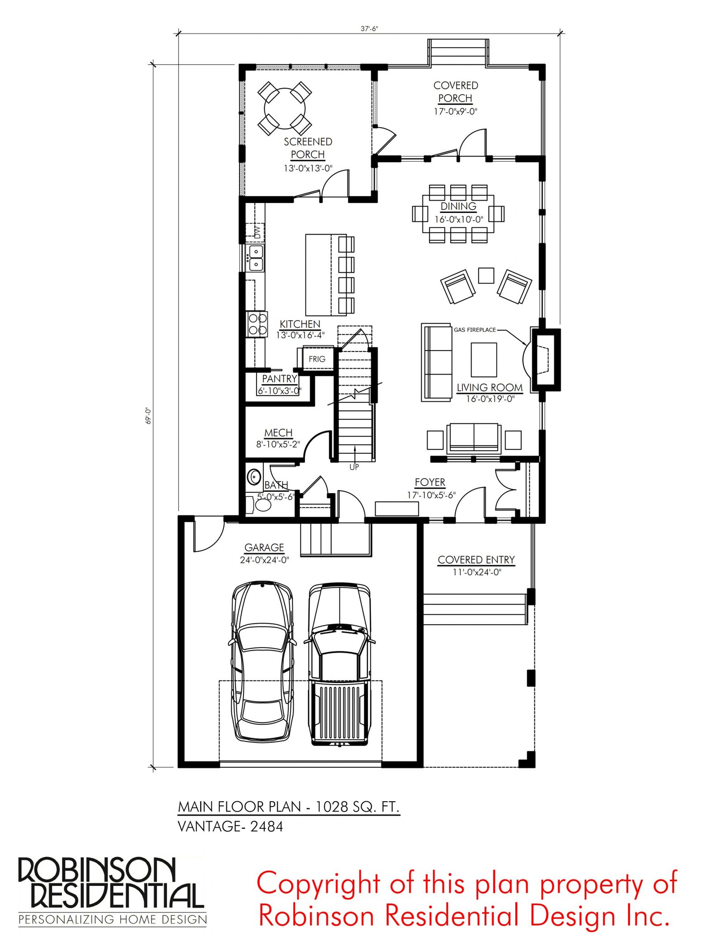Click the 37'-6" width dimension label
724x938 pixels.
click(369, 29)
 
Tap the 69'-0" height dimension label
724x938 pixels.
click(148, 415)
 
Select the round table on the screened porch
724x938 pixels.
click(285, 108)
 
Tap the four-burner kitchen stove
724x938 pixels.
click(257, 324)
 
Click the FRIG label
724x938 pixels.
click(317, 359)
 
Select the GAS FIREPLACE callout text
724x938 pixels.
click(475, 330)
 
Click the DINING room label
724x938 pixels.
click(458, 207)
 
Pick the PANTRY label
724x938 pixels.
click(279, 379)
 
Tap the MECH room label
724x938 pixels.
click(278, 433)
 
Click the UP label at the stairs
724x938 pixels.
click(354, 467)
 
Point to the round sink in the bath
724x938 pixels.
click(254, 477)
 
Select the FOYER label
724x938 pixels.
click(430, 482)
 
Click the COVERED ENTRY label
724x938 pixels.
click(476, 560)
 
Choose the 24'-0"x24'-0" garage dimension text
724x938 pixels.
click(264, 560)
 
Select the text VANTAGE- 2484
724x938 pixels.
click(230, 827)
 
